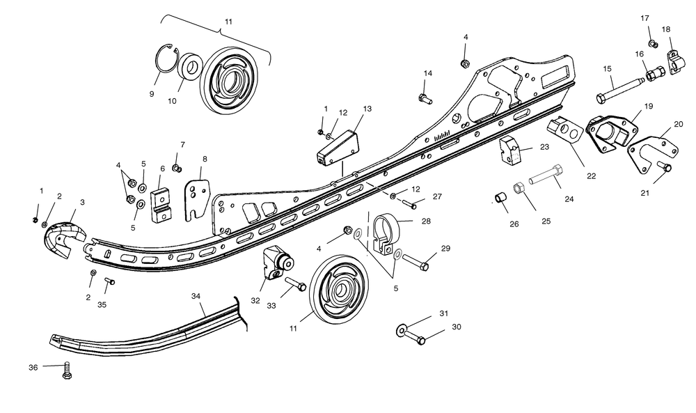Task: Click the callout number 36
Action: point(33,366)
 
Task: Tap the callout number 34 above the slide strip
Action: point(196,296)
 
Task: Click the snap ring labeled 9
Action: point(164,56)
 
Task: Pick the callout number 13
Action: point(367,109)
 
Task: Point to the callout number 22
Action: point(591,176)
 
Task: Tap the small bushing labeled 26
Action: point(500,199)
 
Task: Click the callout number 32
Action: point(255,301)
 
